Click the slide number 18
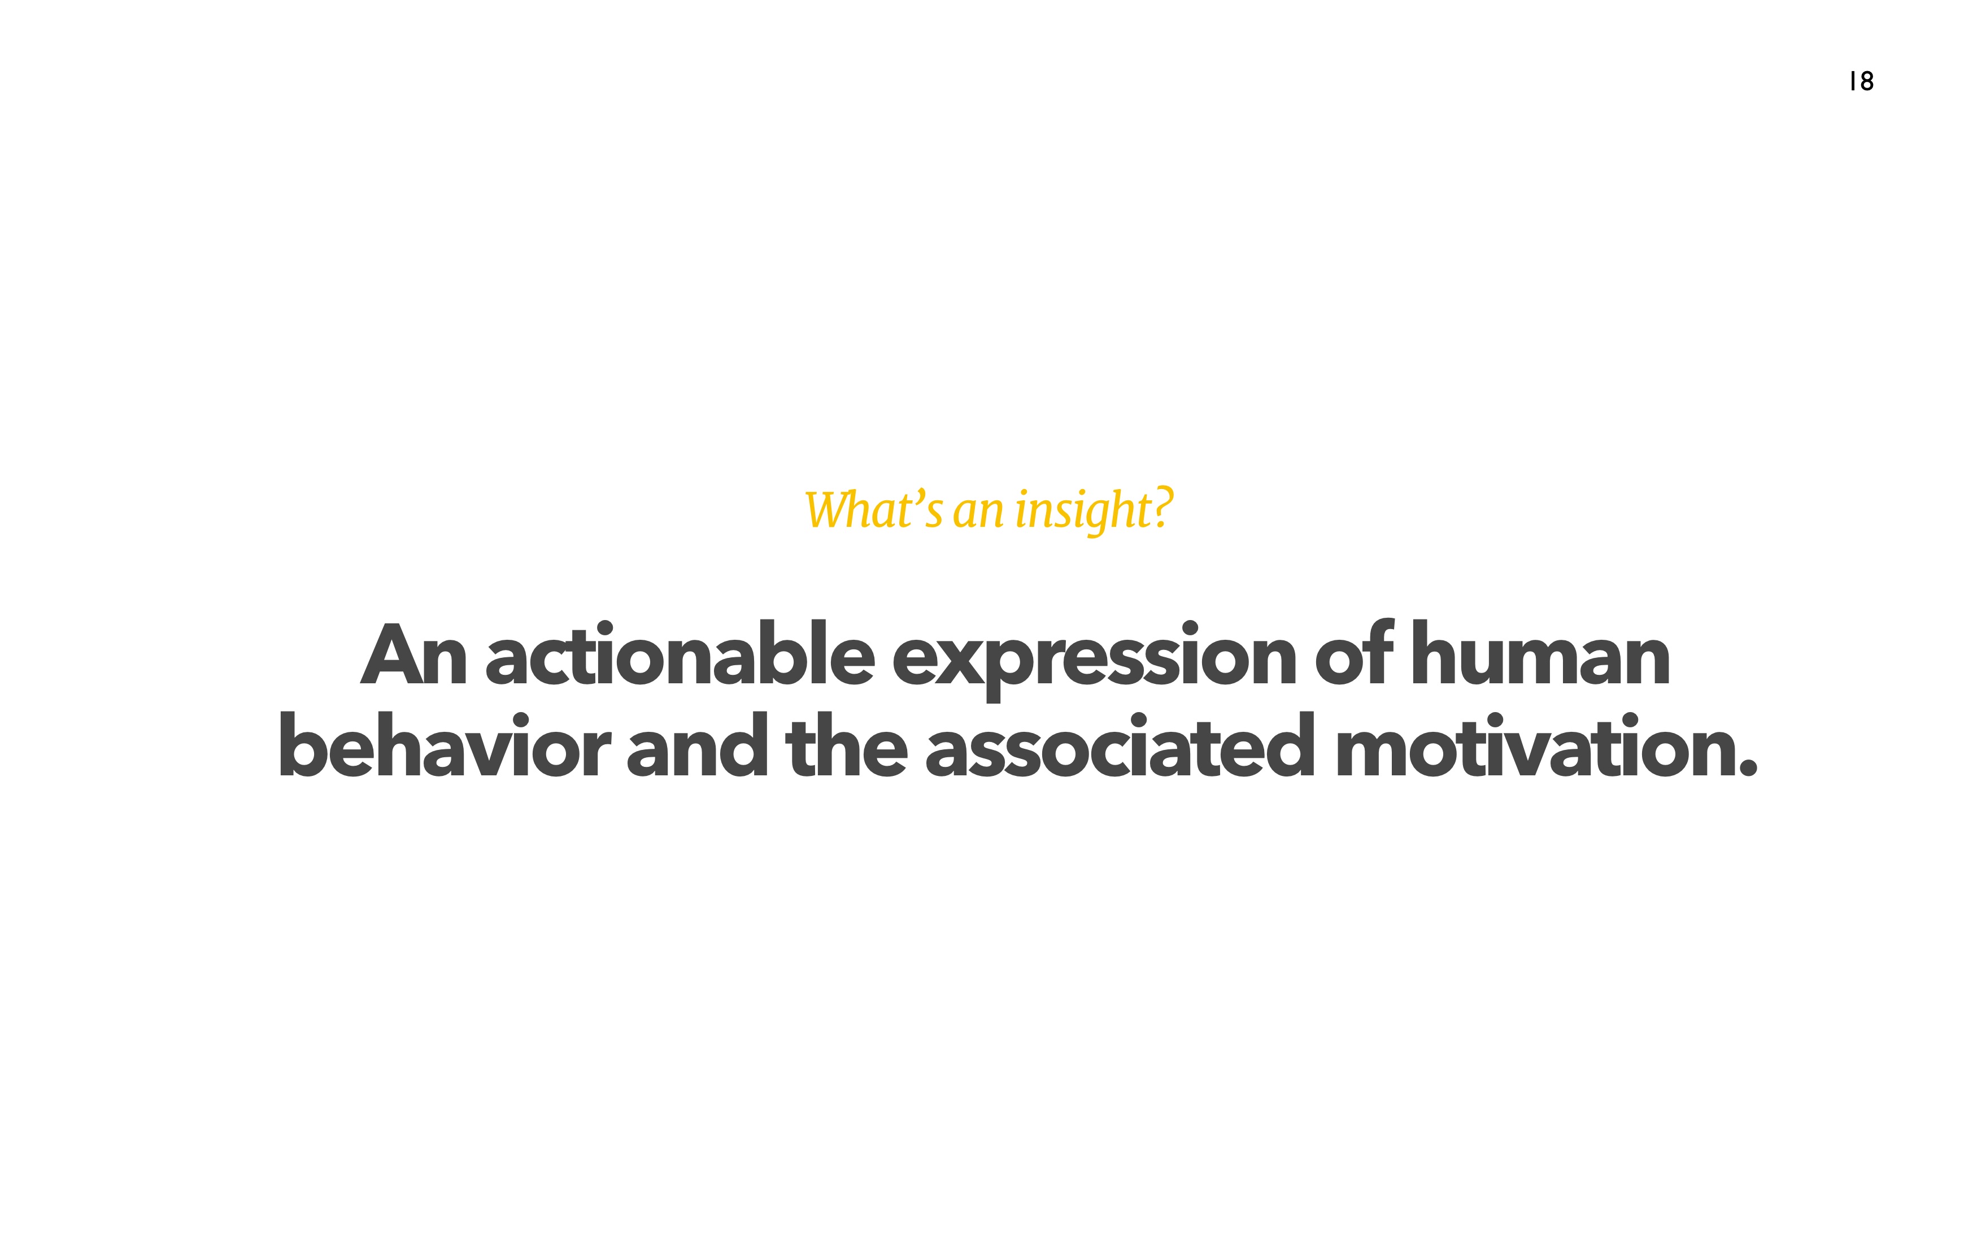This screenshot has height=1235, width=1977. coord(1862,81)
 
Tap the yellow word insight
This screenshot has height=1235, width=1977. coord(1083,510)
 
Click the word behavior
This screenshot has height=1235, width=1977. coord(445,744)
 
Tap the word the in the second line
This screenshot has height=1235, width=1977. coord(846,744)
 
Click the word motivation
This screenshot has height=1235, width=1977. coord(1535,744)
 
